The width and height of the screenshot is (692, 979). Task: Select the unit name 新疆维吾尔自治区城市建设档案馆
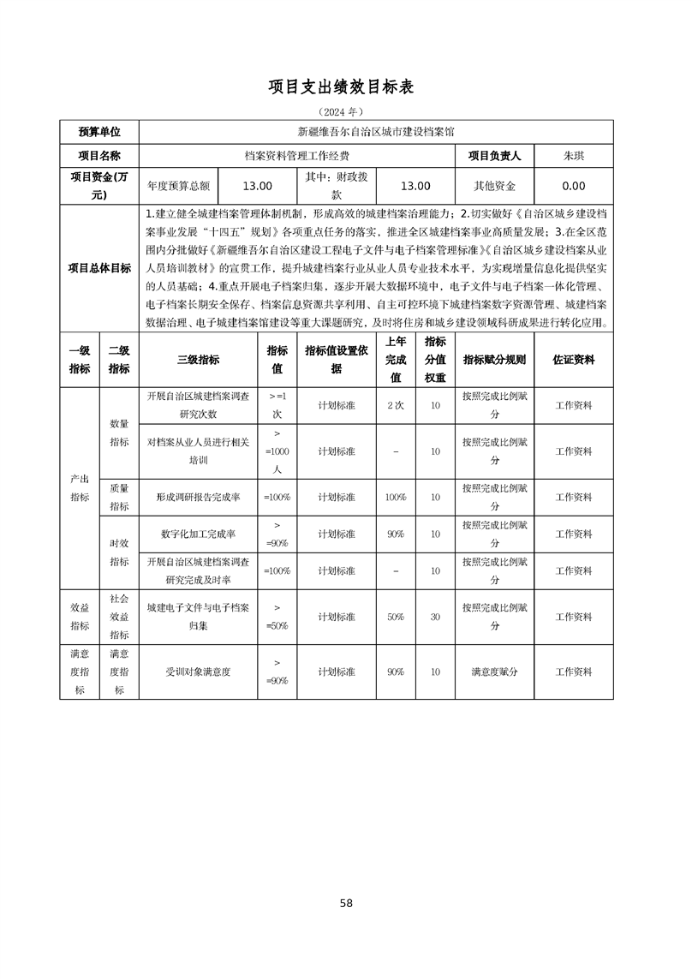coord(375,132)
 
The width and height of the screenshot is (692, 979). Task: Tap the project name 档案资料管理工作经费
coord(296,156)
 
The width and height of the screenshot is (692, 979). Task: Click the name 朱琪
coord(573,156)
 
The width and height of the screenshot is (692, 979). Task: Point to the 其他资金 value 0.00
coord(573,186)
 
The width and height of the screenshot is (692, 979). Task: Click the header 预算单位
coord(99,132)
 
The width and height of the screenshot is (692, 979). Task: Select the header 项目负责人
coord(500,156)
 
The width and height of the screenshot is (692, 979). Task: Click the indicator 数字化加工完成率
coord(198,534)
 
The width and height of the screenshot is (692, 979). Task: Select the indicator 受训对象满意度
coord(198,672)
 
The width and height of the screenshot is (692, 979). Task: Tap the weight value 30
coord(435,617)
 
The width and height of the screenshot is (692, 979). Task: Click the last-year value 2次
coord(395,405)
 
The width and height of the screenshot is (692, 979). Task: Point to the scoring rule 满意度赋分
coord(494,672)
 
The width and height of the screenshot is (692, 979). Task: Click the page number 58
coord(346,903)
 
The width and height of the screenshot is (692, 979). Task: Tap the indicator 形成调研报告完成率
coord(198,497)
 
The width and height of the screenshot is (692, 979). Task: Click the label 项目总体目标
coord(99,268)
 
